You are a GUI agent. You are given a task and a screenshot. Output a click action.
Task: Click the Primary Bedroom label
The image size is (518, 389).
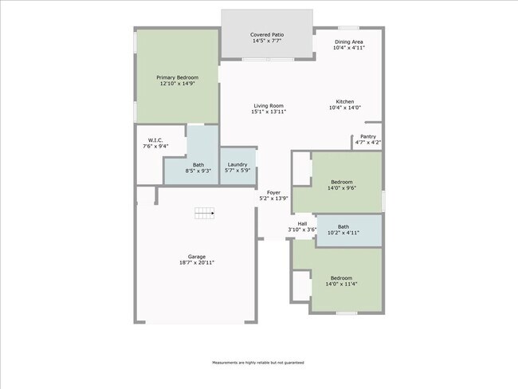[177, 77]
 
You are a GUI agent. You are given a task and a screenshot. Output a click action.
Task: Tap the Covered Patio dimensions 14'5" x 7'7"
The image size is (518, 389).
[267, 41]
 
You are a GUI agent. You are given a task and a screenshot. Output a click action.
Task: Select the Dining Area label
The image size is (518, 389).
[349, 41]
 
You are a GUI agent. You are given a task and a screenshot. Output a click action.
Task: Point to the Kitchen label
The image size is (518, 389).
[344, 101]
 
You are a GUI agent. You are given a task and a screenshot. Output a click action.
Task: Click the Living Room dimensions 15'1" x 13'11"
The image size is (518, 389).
[269, 112]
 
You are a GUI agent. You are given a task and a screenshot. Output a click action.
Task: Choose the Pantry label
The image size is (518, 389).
[367, 136]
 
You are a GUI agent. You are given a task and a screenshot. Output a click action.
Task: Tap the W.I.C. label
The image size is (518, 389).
[155, 140]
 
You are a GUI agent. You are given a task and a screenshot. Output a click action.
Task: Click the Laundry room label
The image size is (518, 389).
[237, 164]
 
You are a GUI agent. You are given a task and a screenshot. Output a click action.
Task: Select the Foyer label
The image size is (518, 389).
[273, 192]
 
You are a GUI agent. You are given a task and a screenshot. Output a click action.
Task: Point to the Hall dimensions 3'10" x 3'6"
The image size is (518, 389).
[302, 230]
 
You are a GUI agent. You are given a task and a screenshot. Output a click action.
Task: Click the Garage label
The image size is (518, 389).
[197, 256]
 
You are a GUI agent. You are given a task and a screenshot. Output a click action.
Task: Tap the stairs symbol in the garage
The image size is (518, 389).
[205, 213]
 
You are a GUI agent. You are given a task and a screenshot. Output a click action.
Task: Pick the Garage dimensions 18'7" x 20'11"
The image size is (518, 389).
[197, 262]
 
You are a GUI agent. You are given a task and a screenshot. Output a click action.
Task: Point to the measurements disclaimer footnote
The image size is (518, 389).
[257, 363]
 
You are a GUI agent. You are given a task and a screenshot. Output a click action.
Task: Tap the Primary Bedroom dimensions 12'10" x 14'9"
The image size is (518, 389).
[177, 84]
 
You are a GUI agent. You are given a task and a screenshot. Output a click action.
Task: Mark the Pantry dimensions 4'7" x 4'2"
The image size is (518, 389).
[367, 143]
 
